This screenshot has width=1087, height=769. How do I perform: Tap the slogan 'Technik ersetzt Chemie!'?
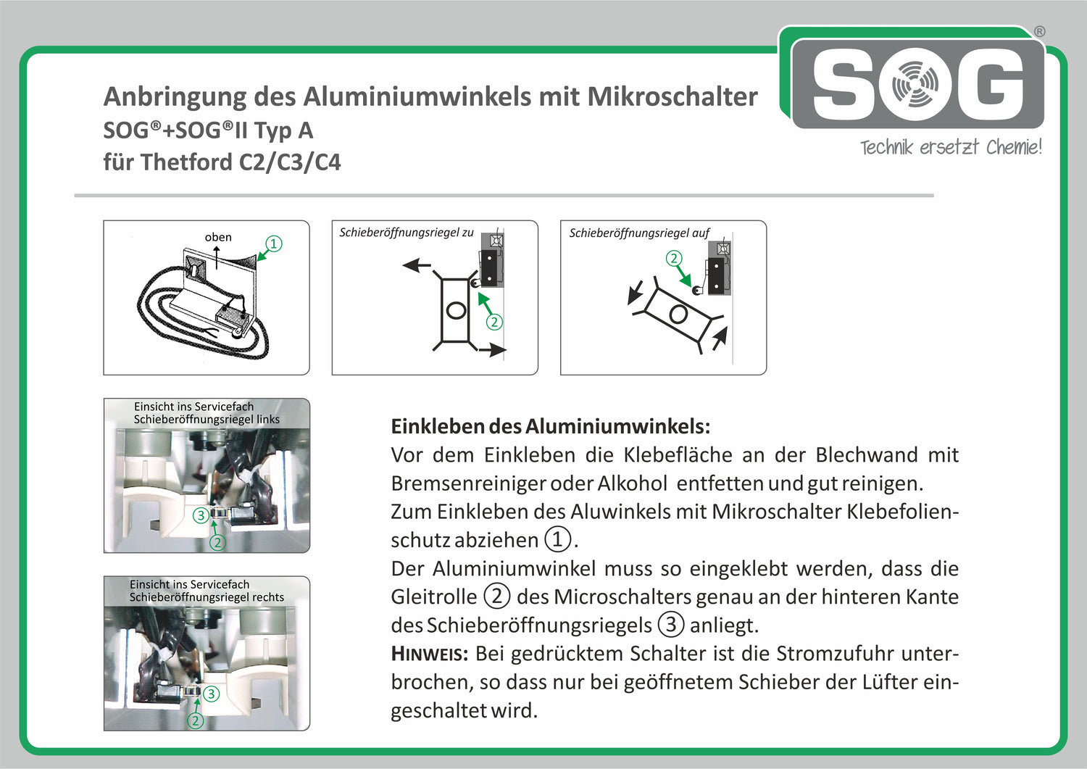point(950,148)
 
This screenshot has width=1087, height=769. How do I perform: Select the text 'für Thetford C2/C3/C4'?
point(222,162)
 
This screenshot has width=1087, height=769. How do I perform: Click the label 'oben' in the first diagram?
point(218,237)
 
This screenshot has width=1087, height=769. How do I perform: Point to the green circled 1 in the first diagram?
point(273,244)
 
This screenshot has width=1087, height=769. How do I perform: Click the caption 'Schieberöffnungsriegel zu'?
point(406,233)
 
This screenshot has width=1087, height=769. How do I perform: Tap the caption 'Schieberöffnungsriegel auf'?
point(638,233)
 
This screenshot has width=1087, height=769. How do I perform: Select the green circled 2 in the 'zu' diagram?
point(494,322)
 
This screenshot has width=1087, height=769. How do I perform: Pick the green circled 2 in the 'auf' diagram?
point(674,258)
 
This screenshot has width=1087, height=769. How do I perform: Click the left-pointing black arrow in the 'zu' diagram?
point(416,265)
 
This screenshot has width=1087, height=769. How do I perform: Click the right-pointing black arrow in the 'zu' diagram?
point(493,351)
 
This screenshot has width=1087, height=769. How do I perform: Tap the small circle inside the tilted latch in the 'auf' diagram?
point(678,315)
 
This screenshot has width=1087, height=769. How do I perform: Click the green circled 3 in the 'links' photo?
point(201,515)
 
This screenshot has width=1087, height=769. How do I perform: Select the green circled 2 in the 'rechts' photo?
point(195,720)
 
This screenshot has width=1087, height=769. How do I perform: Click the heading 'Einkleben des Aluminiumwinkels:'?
point(550,426)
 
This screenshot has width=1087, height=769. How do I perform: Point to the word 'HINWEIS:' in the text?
point(429,654)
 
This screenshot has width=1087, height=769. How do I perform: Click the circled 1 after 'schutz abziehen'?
point(557,539)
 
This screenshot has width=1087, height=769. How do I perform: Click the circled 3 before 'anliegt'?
point(670,625)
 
